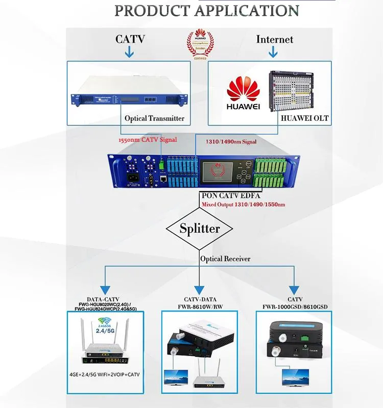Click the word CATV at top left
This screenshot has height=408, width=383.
click(130, 39)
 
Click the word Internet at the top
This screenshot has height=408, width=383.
click(275, 39)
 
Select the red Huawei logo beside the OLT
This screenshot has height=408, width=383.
click(243, 92)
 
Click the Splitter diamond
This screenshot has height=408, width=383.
click(200, 228)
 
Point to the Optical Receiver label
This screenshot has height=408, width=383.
click(225, 259)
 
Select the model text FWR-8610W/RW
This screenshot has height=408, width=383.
click(200, 307)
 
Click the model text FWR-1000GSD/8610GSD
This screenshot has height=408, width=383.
click(295, 307)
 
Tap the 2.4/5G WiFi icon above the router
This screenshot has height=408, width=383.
click(105, 325)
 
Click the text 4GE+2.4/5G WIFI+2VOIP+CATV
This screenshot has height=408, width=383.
click(105, 375)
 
